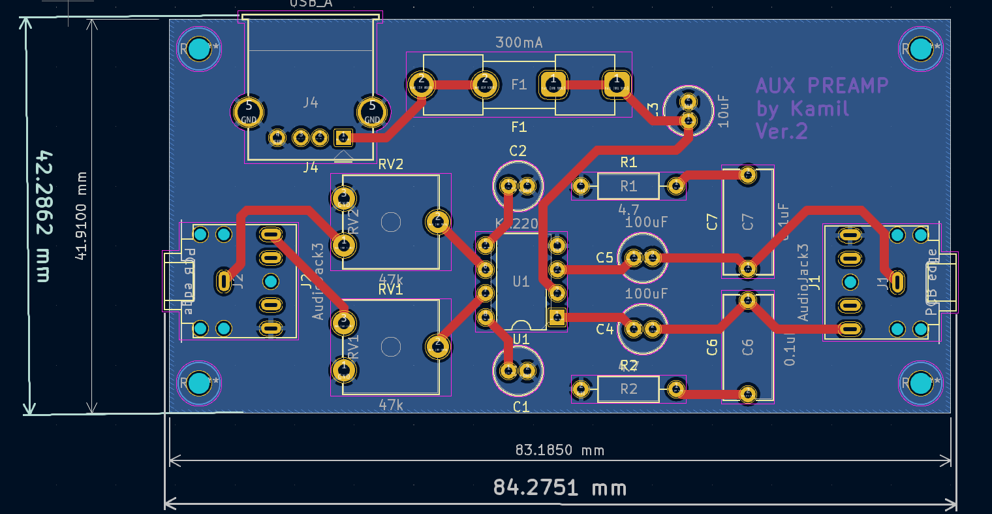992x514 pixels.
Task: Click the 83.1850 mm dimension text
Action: click(x=559, y=450)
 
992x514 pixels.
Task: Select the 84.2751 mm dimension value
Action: click(x=559, y=487)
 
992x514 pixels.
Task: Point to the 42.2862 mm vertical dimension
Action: click(x=44, y=216)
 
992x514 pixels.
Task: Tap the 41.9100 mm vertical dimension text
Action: click(x=81, y=216)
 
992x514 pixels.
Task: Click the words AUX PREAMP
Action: click(x=822, y=86)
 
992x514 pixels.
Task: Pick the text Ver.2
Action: click(x=781, y=131)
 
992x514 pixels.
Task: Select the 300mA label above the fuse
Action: click(x=519, y=42)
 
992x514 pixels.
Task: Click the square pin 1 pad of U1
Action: click(x=557, y=317)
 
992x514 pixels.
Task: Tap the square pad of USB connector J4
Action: click(x=343, y=138)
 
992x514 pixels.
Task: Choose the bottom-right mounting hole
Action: click(x=920, y=383)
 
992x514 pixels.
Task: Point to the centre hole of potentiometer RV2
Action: click(x=391, y=222)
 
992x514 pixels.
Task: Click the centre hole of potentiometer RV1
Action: click(x=391, y=347)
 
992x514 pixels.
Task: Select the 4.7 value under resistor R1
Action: click(x=628, y=210)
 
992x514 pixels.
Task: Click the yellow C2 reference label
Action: click(x=518, y=151)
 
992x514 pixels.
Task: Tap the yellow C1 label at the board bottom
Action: click(x=521, y=407)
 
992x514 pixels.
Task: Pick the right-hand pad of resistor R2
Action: click(x=676, y=390)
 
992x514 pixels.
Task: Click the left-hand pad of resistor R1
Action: click(x=581, y=187)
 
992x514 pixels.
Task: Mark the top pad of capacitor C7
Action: click(x=748, y=175)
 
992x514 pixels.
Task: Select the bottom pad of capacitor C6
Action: click(x=748, y=394)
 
